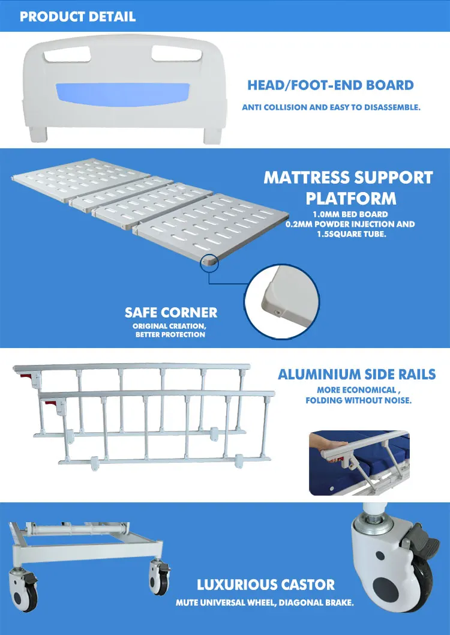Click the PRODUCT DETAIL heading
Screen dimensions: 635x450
(x=78, y=16)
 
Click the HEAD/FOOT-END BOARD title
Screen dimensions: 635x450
(x=331, y=85)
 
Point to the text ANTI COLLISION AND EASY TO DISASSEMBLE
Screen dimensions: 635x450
(x=331, y=108)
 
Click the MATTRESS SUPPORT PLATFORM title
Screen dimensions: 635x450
(x=348, y=187)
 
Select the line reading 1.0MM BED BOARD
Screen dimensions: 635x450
(x=351, y=214)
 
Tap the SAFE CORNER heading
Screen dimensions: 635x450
(x=171, y=313)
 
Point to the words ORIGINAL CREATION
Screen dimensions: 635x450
(x=170, y=326)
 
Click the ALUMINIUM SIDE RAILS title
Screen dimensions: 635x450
(x=356, y=375)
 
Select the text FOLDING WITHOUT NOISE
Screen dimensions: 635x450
(x=358, y=400)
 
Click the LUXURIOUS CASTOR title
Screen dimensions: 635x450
(x=266, y=585)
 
